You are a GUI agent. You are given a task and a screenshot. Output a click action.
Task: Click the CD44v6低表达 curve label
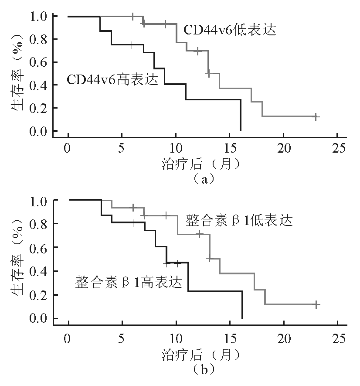pos(229,31)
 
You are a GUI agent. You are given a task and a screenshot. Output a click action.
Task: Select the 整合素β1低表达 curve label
pos(239,220)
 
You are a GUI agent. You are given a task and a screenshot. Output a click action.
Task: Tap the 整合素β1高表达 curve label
pos(128,281)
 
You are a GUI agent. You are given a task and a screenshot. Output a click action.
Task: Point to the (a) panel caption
pos(201,178)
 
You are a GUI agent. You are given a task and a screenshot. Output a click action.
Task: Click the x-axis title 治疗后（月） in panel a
pos(201,163)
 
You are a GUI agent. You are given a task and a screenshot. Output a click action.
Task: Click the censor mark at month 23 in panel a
pos(316,117)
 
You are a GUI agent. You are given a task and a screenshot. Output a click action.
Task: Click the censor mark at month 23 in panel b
pos(316,305)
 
